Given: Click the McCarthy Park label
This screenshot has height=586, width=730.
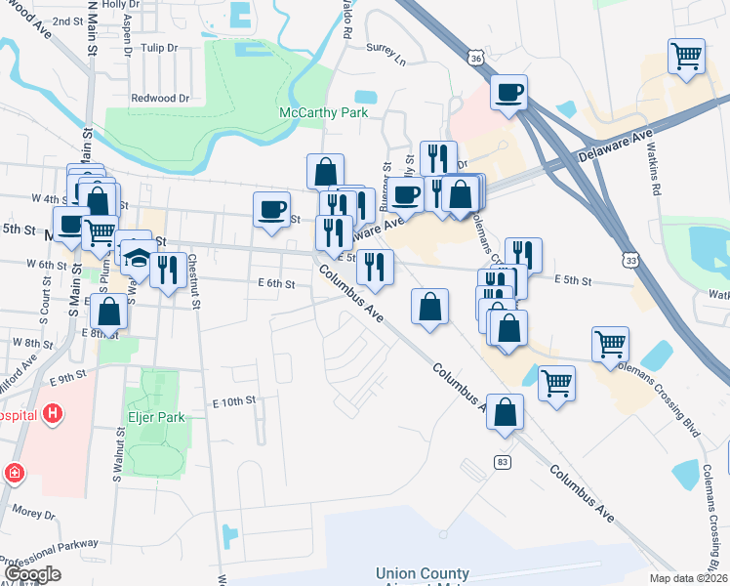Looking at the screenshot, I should tap(323, 112).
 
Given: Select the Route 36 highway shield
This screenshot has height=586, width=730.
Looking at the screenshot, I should tap(475, 59).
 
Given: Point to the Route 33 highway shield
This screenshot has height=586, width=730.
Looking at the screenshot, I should tap(633, 261).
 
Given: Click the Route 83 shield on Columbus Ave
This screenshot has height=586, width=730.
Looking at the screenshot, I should tap(502, 461).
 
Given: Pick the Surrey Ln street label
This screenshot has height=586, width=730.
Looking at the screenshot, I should tap(385, 47).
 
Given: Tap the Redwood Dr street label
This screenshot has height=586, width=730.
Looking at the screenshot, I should tap(160, 98).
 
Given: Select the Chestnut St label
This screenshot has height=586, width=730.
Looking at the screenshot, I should tap(194, 281).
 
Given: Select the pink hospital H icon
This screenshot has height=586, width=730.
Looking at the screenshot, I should tap(52, 414).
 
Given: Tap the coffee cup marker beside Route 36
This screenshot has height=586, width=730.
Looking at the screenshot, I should tap(508, 94).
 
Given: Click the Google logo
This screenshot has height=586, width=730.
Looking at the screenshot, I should tap(31, 575).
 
